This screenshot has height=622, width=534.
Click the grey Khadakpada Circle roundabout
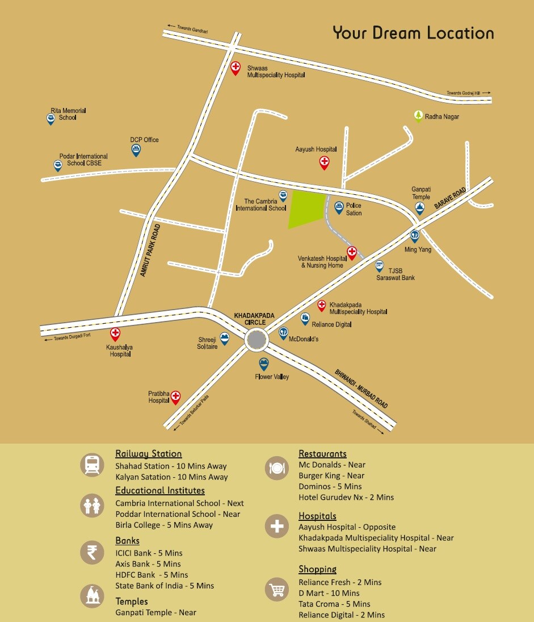click(257, 340)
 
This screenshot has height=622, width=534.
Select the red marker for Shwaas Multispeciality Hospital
click(235, 68)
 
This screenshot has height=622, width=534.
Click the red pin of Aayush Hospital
click(324, 162)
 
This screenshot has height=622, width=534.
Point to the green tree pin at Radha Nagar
click(418, 116)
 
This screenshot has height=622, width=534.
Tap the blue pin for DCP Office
click(136, 150)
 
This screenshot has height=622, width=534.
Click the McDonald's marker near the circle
click(283, 333)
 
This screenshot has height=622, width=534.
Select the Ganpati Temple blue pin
click(421, 208)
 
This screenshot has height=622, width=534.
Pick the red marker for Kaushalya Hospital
click(115, 334)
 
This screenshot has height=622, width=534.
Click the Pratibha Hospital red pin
click(176, 396)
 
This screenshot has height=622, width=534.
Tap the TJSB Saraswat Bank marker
click(380, 265)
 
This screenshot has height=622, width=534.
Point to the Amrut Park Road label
click(150, 250)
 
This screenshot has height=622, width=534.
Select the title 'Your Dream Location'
click(413, 33)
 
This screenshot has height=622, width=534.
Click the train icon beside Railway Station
click(91, 465)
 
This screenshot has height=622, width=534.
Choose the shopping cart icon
click(277, 591)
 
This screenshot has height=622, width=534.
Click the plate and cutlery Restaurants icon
click(277, 468)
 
